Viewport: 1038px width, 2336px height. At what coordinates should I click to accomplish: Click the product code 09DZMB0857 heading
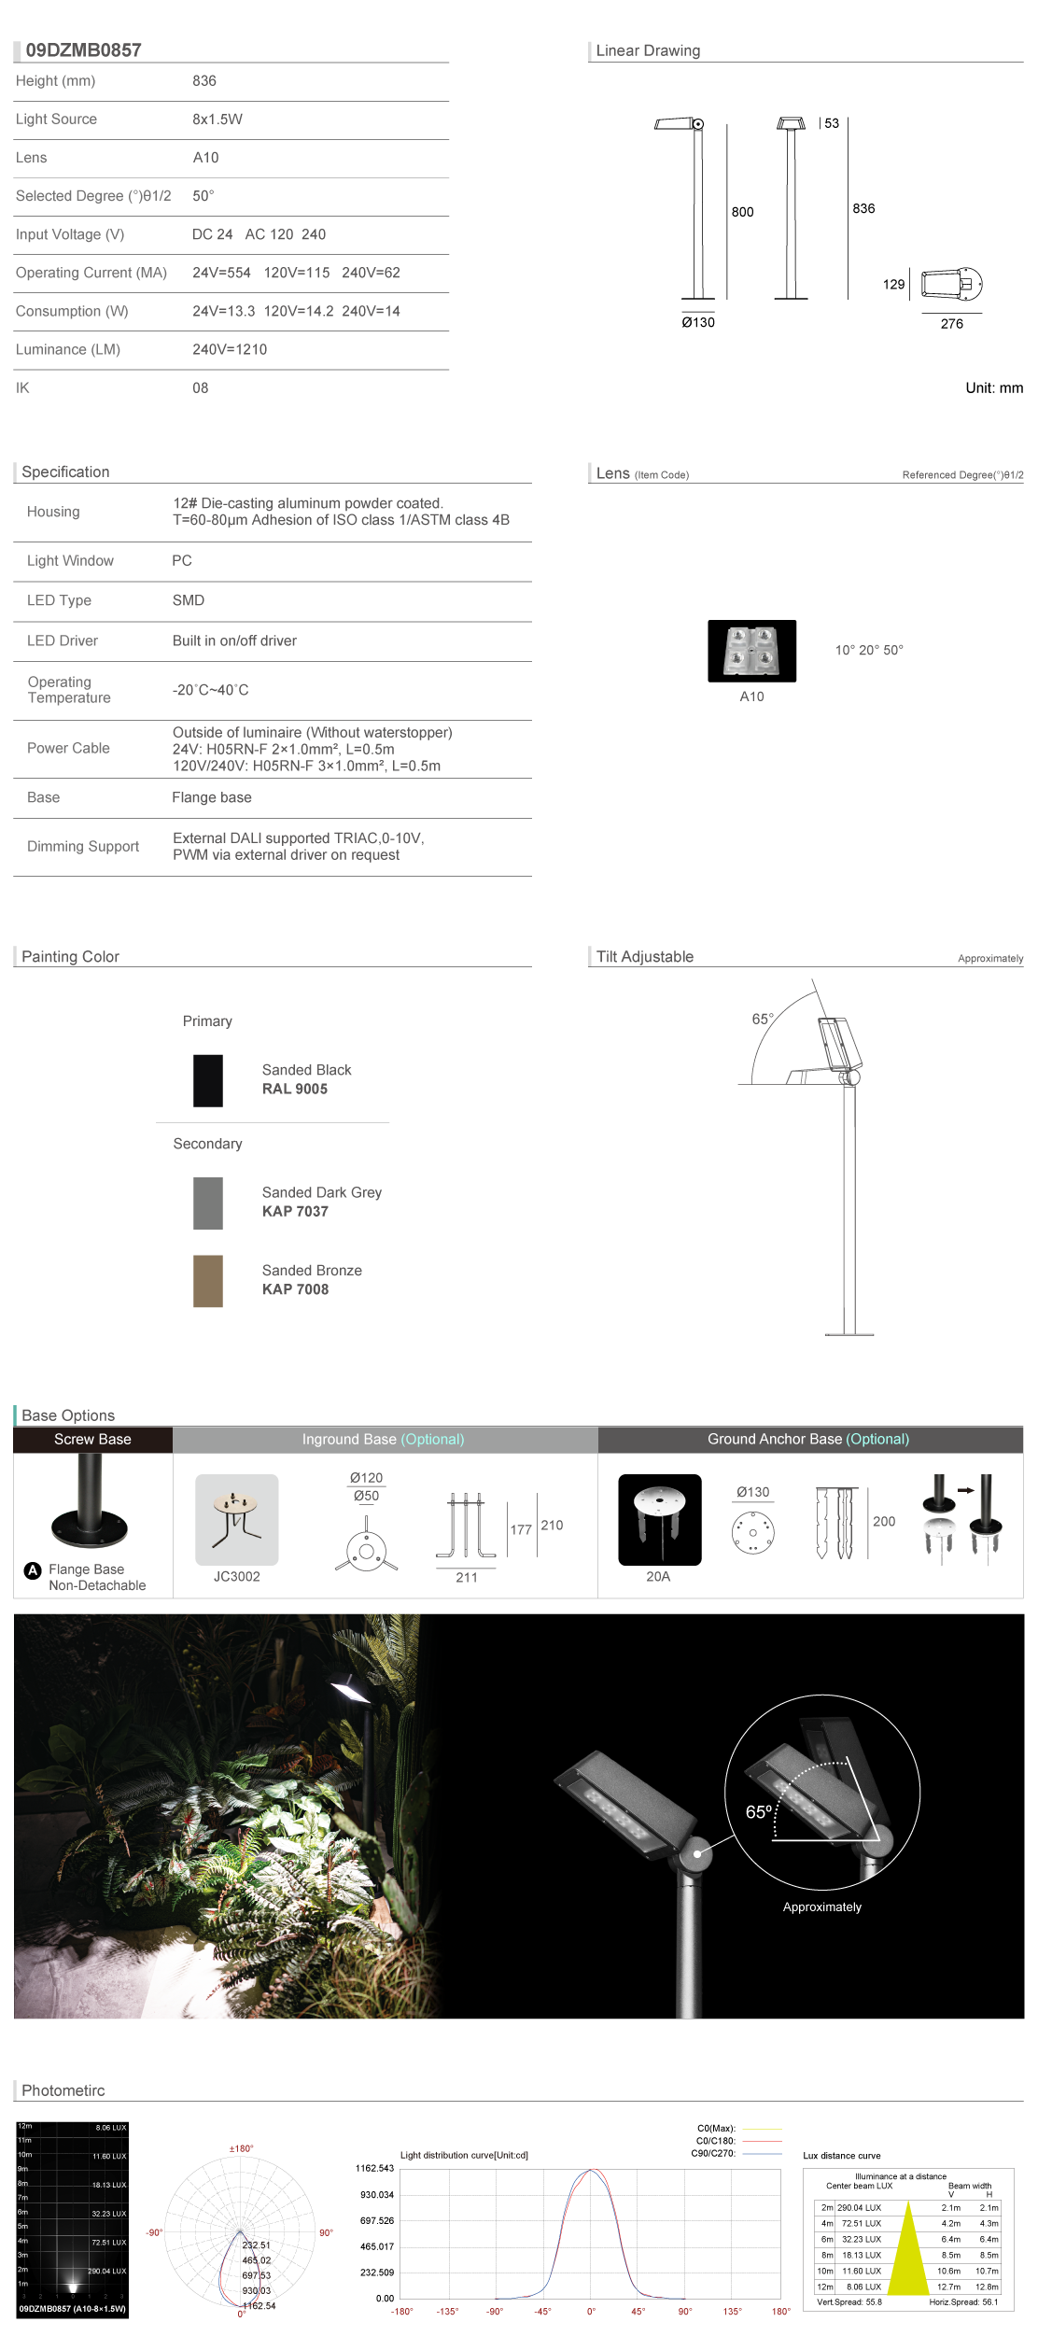[83, 50]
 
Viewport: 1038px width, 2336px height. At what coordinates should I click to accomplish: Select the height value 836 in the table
[204, 81]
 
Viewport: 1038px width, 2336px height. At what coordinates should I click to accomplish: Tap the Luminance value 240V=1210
[230, 349]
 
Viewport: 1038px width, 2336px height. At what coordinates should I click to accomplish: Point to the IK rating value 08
[201, 387]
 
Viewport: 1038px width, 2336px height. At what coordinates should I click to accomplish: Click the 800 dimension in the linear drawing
[742, 212]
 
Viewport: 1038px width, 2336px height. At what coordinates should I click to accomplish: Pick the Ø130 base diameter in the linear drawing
[697, 322]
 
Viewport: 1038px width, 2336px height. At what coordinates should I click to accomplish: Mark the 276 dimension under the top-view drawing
[951, 324]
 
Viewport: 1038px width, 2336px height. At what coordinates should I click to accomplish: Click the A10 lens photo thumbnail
[751, 651]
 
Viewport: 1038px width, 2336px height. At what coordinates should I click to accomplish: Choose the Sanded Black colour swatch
[208, 1080]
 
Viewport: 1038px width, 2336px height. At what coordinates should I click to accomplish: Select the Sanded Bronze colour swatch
[208, 1280]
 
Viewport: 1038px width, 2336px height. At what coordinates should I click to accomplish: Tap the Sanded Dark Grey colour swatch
[208, 1203]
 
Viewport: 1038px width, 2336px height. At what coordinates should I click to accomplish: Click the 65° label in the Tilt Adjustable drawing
[763, 1019]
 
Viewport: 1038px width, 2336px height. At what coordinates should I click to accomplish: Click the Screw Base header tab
[92, 1439]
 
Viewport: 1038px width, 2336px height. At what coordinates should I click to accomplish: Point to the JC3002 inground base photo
[236, 1519]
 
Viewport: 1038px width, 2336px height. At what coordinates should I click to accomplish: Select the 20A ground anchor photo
[659, 1519]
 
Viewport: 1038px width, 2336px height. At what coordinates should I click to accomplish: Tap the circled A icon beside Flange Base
[33, 1569]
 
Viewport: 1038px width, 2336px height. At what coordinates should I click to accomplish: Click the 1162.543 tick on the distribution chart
[374, 2168]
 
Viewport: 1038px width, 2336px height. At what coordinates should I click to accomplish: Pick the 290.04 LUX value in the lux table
[859, 2208]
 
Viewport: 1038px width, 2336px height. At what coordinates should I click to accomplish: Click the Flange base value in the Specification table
[212, 797]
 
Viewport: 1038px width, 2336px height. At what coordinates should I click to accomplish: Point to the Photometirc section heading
[63, 2090]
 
